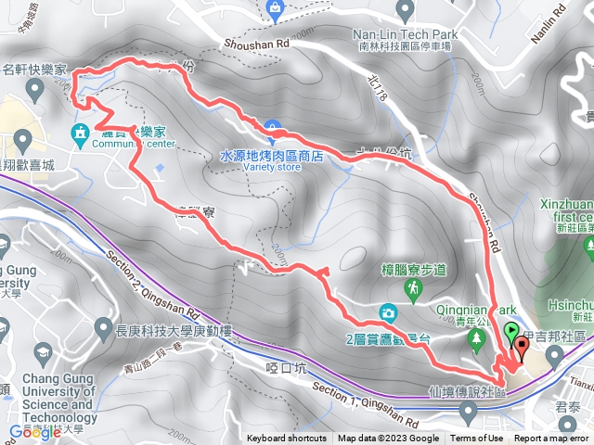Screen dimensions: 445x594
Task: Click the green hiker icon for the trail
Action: [x=413, y=290]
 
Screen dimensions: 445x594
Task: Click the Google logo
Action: [x=34, y=431]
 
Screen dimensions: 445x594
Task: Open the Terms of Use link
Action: [x=477, y=439]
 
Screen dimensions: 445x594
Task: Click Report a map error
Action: [x=552, y=439]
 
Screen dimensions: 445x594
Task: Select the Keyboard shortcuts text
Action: [x=286, y=439]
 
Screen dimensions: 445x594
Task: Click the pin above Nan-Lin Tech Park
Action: [x=404, y=9]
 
